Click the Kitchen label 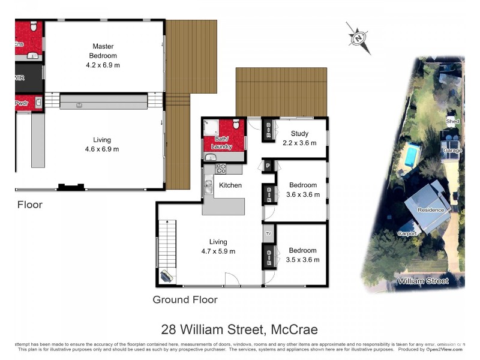230,185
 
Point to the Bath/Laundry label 222,142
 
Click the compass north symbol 358,38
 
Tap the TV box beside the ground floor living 268,233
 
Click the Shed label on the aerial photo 452,121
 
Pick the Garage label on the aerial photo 452,151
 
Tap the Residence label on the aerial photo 431,210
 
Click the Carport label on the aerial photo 407,233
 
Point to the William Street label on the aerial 423,281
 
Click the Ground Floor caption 185,299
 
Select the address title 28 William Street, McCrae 239,329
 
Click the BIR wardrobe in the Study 268,129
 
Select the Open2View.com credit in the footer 445,349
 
